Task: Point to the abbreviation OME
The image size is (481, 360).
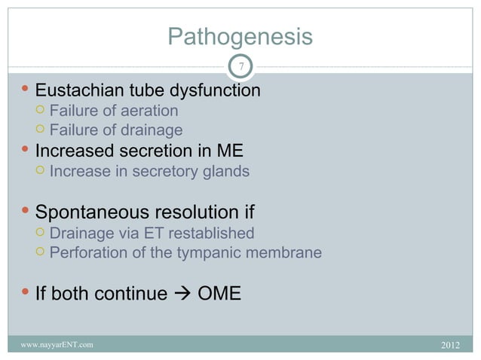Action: [219, 293]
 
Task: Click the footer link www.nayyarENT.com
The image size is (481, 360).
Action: [57, 345]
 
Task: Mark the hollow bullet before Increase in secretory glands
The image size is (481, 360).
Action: [41, 171]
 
